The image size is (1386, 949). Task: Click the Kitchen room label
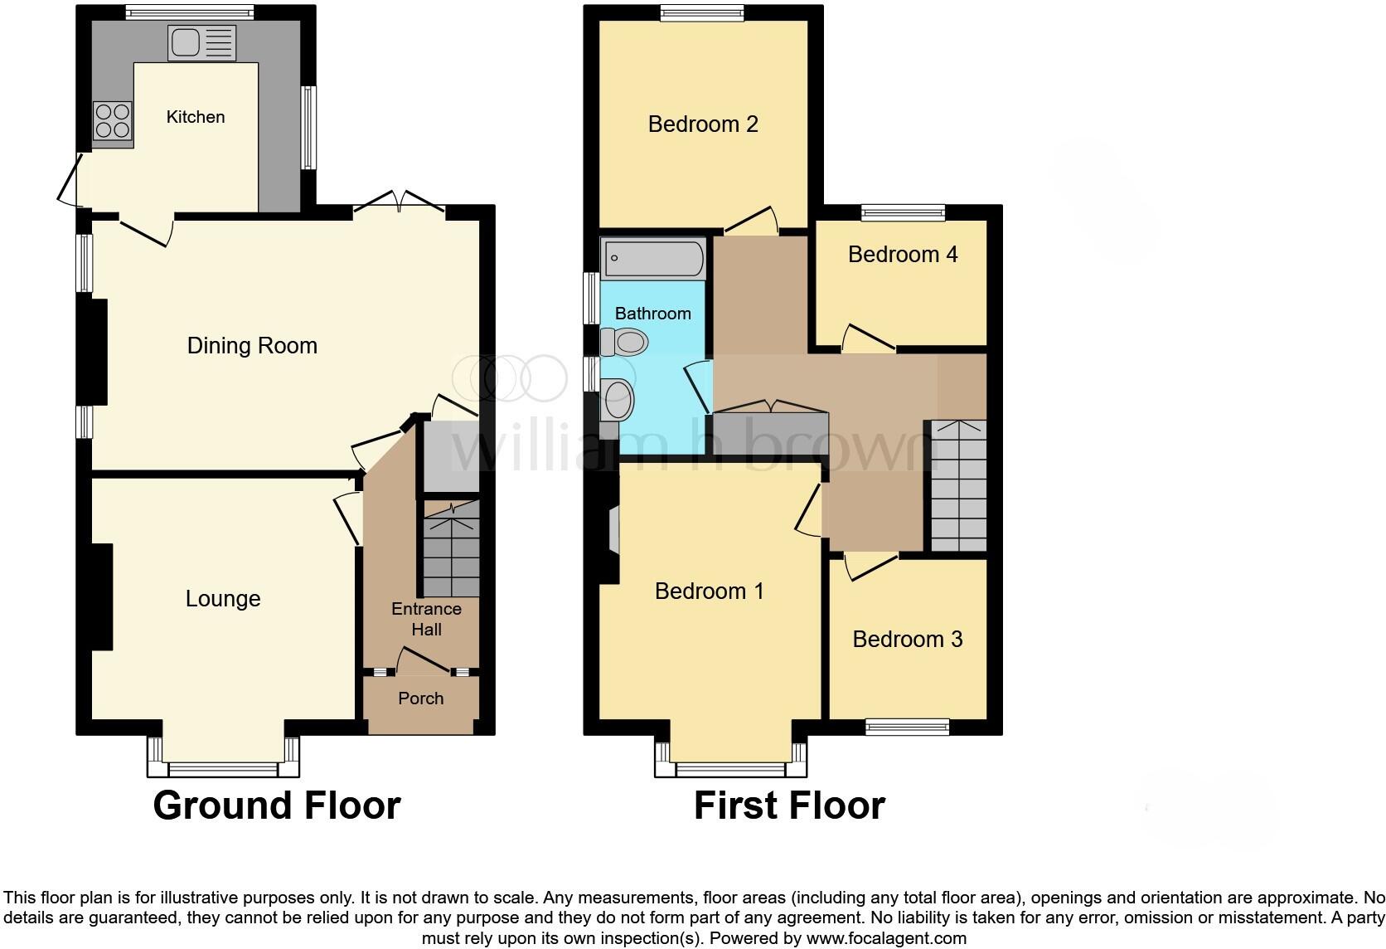(196, 117)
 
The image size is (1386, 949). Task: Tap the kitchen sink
(202, 42)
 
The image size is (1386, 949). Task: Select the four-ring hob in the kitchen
(113, 120)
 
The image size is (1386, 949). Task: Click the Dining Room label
(252, 346)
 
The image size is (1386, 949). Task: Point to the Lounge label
(223, 599)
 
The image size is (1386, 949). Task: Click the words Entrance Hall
(426, 619)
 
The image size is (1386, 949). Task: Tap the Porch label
(421, 698)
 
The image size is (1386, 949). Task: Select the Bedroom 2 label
(703, 124)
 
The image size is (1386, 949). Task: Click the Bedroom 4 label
(903, 255)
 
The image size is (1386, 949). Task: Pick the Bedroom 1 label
(709, 591)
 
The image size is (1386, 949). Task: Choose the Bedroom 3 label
(908, 640)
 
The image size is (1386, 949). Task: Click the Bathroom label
(653, 314)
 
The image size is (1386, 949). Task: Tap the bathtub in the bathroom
(653, 258)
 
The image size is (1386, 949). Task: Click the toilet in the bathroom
(624, 341)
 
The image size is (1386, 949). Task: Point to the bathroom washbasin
(618, 400)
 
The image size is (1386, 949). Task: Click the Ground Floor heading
(277, 805)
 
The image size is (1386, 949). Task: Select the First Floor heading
(789, 805)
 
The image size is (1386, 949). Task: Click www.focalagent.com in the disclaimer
(886, 939)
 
